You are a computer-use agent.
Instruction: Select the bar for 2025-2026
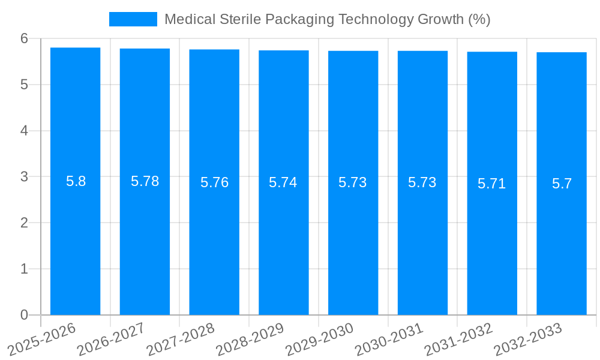tap(75, 240)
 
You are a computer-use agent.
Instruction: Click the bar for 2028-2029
tap(284, 240)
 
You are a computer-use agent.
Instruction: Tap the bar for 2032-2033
tap(562, 240)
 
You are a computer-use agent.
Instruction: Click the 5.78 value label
tap(145, 181)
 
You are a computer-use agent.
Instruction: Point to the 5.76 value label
tap(214, 182)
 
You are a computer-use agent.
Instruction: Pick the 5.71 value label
tap(491, 184)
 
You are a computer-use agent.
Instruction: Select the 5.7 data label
tap(562, 184)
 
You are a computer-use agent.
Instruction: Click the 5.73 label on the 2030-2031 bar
tap(422, 182)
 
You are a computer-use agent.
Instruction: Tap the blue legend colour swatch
tap(133, 19)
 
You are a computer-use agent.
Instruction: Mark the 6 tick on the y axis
tap(24, 38)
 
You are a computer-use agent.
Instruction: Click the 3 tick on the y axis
tap(24, 177)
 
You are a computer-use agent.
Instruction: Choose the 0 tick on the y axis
tap(24, 315)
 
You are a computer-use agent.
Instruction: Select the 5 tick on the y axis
tap(24, 85)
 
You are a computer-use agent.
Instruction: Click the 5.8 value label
tap(76, 181)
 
